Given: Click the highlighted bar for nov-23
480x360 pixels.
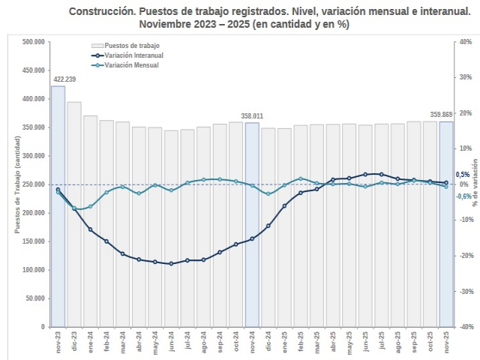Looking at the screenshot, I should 58,206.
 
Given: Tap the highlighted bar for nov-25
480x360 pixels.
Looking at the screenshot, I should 446,223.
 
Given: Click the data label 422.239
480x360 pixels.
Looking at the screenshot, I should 64,79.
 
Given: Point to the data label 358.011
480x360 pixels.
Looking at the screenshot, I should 252,115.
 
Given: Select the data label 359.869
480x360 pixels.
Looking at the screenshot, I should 441,115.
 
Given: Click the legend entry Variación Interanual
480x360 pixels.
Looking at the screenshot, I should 136,55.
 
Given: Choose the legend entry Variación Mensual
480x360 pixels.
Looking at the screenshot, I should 133,65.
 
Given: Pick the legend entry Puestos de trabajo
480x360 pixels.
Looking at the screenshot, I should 131,46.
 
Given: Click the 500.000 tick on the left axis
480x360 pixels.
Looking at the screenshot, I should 33,42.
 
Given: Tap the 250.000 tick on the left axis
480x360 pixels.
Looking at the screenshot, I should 33,184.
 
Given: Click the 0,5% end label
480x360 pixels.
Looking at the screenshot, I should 463,175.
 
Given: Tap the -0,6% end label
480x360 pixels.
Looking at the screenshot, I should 463,196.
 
